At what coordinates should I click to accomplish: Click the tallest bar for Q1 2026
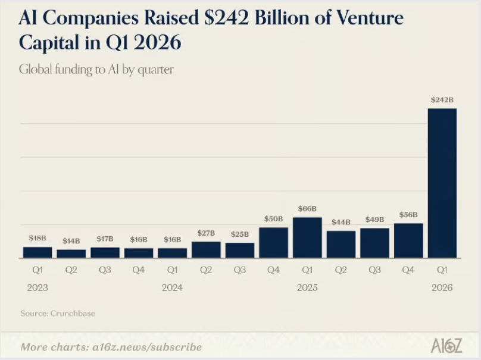442,183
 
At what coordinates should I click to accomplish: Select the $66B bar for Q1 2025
307,237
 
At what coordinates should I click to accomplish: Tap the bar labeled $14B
71,253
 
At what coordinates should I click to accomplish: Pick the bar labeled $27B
206,249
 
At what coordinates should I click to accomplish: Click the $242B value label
442,100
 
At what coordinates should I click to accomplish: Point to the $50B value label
273,219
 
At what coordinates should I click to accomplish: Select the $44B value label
341,222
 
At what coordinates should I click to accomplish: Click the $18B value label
38,238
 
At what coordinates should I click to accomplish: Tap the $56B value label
408,215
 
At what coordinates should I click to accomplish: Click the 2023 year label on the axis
38,287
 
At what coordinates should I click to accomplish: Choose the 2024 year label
172,287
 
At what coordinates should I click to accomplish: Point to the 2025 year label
307,287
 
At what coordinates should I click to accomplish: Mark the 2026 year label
442,287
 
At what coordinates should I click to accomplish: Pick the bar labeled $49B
374,243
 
